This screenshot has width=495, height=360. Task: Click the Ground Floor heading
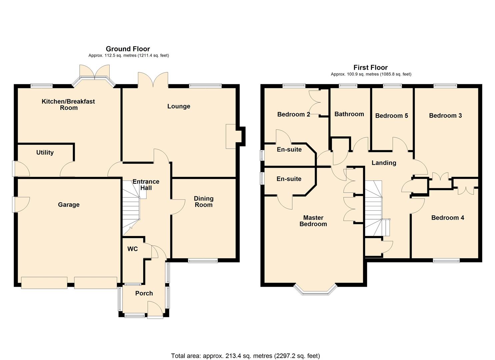[x=128, y=49]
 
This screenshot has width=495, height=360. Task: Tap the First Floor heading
[x=370, y=68]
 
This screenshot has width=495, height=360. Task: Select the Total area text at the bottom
[x=245, y=356]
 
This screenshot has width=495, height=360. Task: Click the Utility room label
[x=45, y=152]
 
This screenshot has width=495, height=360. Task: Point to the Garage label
[x=69, y=205]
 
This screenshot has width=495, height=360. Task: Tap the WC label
[x=132, y=249]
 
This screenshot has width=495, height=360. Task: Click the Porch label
[x=144, y=293]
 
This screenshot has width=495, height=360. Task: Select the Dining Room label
[x=204, y=202]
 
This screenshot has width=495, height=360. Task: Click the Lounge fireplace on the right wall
[x=231, y=136]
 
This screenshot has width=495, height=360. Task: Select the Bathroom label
[x=349, y=114]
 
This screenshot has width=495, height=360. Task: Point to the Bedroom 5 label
[x=391, y=116]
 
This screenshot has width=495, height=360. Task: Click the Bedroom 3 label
[x=445, y=116]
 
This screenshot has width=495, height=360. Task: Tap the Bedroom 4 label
[x=447, y=218]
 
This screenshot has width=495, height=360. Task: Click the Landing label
[x=384, y=163]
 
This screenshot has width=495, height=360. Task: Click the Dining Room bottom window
[x=203, y=261]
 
